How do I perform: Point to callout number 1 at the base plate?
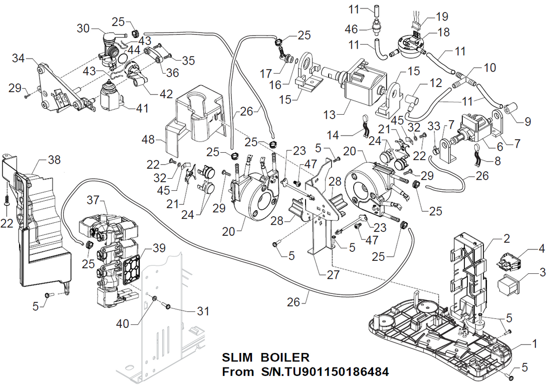coord(534,344)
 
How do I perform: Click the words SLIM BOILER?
coord(265,358)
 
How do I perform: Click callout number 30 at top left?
coord(83,29)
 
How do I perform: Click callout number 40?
coord(122,324)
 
